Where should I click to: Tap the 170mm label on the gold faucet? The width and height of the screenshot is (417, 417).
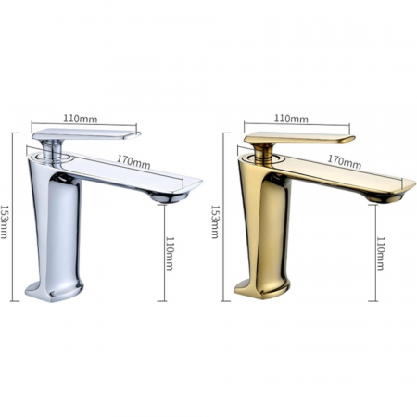pyautogui.click(x=345, y=161)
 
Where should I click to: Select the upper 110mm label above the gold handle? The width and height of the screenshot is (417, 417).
pyautogui.click(x=293, y=119)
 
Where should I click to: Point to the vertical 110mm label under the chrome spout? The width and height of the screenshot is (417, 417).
pyautogui.click(x=170, y=252)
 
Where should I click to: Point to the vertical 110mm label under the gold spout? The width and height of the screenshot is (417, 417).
pyautogui.click(x=380, y=252)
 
